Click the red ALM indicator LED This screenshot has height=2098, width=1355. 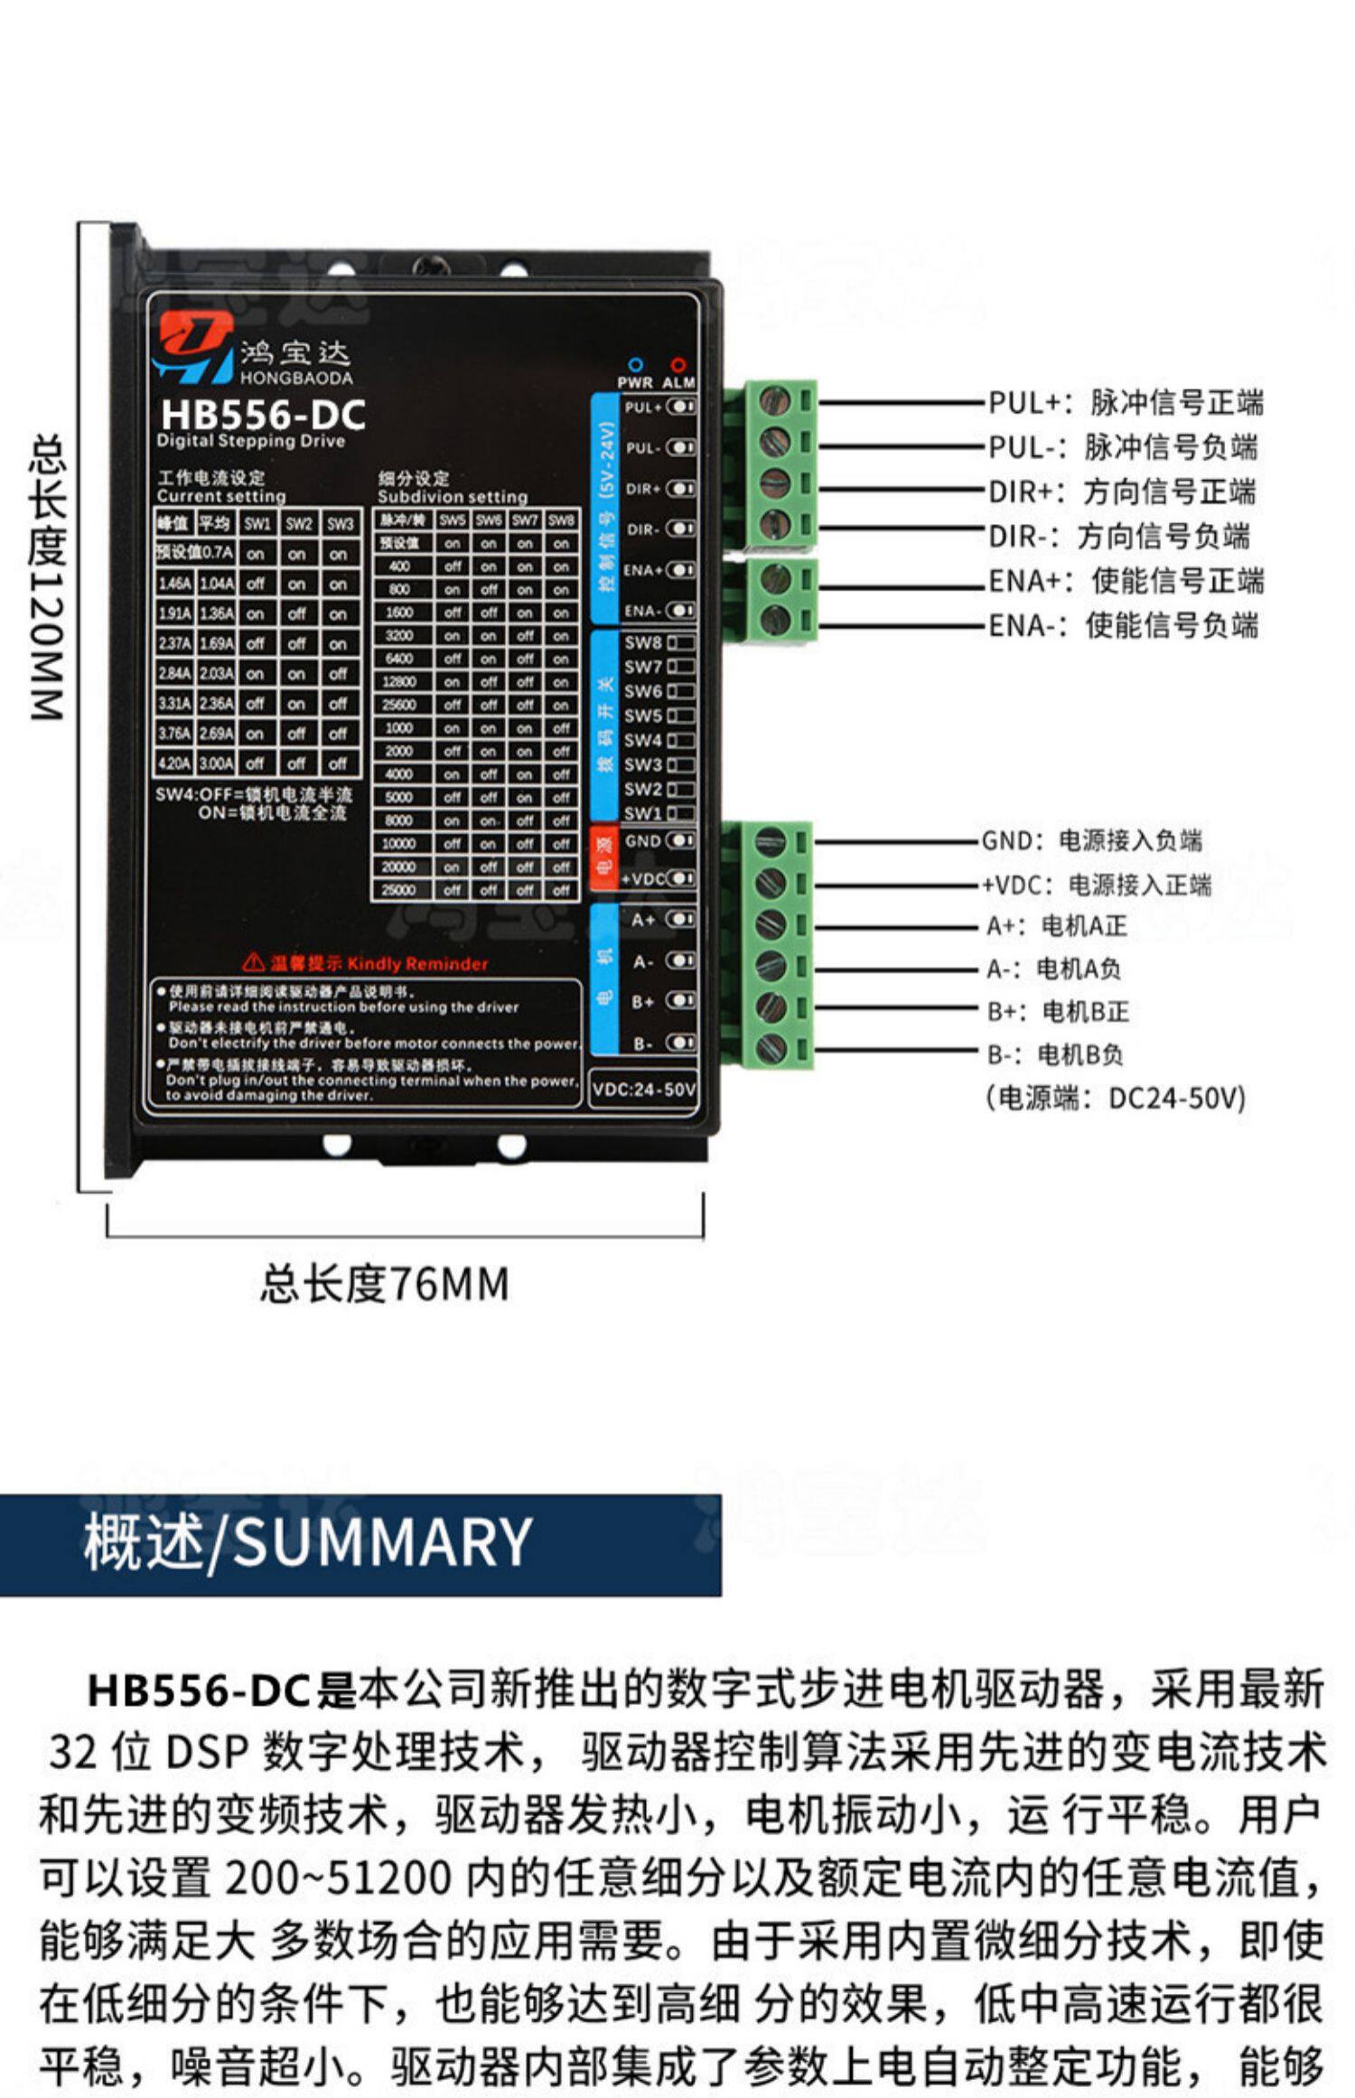(677, 364)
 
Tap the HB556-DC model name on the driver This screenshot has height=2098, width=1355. (263, 415)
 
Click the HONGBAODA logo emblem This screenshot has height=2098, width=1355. (192, 347)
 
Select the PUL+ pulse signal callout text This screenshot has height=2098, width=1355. (1125, 403)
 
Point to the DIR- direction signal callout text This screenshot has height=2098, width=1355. (1118, 536)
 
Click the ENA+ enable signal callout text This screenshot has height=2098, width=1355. (1126, 581)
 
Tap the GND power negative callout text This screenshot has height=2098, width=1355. (1091, 841)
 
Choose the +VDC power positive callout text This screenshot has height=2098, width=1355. (1096, 885)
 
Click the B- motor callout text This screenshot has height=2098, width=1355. (1054, 1054)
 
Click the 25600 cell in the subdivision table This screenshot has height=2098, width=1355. (398, 705)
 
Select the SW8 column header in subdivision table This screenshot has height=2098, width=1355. (561, 520)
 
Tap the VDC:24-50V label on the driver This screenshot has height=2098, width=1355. (643, 1090)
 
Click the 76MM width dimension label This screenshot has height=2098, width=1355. (385, 1285)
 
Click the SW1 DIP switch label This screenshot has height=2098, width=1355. (642, 812)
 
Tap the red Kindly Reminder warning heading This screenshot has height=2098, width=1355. (366, 963)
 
